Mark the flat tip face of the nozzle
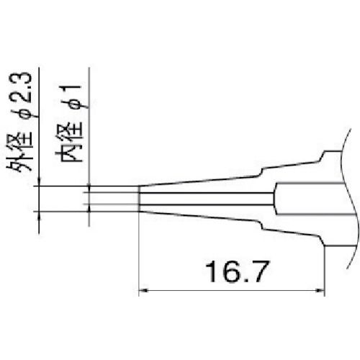pos(138,199)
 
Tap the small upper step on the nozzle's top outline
pos(262,170)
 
